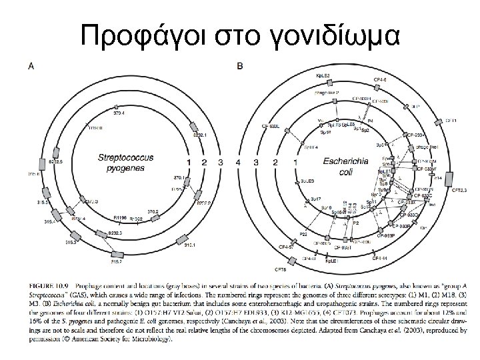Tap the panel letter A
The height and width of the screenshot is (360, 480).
(x=31, y=65)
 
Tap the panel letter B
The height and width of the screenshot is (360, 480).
(x=240, y=65)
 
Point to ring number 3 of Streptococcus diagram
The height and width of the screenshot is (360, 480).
(x=221, y=162)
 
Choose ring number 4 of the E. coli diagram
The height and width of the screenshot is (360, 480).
(x=239, y=162)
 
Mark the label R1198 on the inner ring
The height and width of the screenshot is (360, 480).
(x=120, y=217)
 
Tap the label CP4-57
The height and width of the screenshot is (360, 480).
(x=287, y=247)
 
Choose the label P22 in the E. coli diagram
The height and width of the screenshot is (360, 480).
(x=303, y=234)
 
